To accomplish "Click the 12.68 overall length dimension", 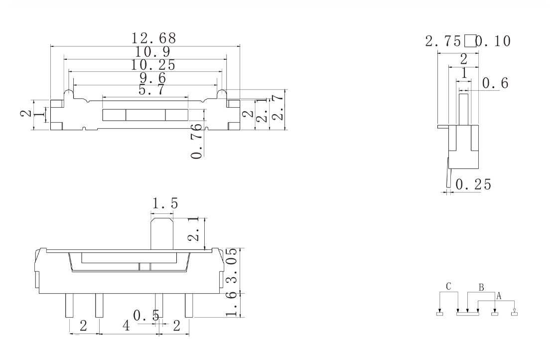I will coord(153,38).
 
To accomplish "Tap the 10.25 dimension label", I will coord(153,65).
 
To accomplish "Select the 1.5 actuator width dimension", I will coord(165,204).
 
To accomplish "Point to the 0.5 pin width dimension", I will coord(146,315).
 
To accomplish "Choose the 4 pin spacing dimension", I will coord(127,327).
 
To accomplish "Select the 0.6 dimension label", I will coord(496,84).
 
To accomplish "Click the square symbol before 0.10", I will coord(469,41).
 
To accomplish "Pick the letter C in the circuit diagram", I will coord(448,287).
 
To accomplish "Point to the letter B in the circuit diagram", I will coord(481,287).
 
